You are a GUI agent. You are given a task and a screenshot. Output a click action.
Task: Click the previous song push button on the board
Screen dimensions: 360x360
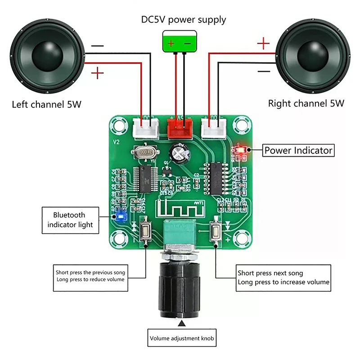pos(146,232)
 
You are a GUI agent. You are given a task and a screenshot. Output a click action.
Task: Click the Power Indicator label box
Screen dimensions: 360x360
pos(298,150)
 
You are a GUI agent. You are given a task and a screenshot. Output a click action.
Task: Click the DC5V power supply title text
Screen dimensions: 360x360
pos(183,19)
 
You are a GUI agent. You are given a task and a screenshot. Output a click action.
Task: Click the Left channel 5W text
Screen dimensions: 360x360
pos(46,105)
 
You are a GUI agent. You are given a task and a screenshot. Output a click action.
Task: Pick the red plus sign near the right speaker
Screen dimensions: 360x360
pos(264,44)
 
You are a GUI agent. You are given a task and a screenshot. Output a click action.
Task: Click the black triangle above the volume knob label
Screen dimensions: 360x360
pos(181,323)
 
